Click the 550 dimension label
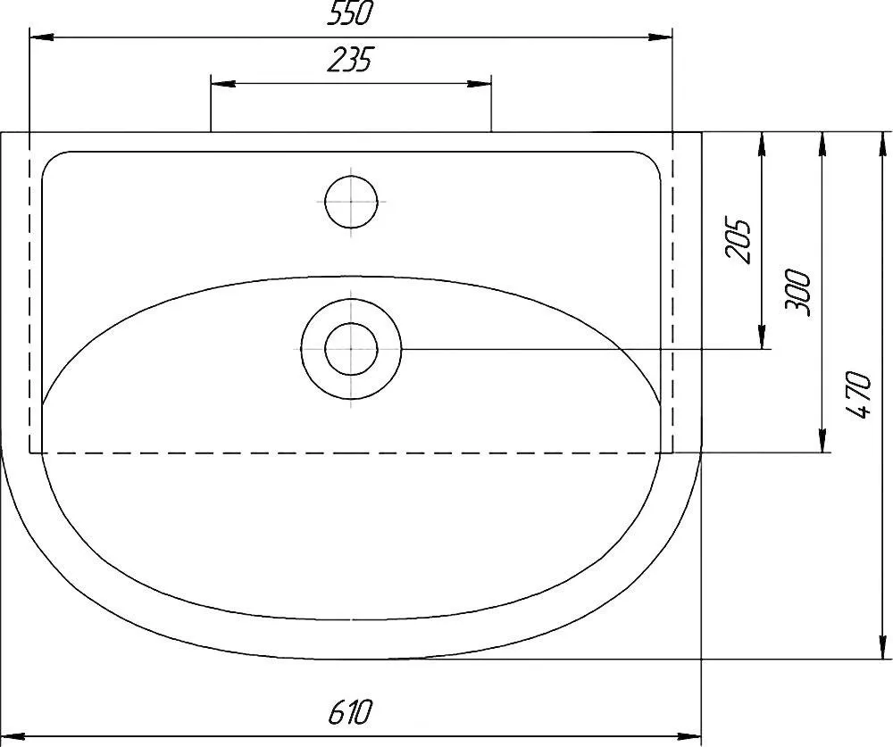tap(348, 14)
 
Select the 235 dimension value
tap(348, 60)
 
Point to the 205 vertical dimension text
tap(739, 240)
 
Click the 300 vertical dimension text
tap(797, 292)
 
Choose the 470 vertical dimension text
tap(858, 394)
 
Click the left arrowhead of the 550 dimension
tap(42, 37)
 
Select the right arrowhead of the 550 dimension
tap(660, 37)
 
